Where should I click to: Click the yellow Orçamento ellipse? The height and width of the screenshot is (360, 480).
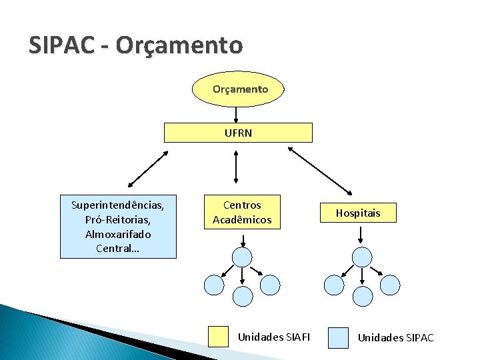click(x=239, y=89)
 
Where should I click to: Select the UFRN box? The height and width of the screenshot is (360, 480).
click(x=238, y=133)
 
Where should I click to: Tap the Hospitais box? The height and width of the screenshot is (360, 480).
click(x=357, y=213)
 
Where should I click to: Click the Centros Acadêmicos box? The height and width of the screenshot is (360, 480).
click(x=242, y=212)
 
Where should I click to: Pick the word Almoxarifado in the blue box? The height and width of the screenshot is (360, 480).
click(x=118, y=234)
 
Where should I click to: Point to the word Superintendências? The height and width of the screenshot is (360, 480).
click(x=118, y=205)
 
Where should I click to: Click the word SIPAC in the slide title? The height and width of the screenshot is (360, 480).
click(x=63, y=45)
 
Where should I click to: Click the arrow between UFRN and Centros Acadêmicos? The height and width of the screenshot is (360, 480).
click(x=237, y=166)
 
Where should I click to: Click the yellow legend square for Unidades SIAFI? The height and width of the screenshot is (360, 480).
click(x=218, y=337)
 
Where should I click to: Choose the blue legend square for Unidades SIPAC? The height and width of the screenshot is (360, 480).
click(x=339, y=337)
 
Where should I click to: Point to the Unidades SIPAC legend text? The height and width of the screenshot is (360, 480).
click(x=395, y=338)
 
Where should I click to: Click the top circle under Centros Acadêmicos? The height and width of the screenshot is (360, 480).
click(x=243, y=257)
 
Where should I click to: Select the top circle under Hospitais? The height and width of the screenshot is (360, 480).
click(x=361, y=257)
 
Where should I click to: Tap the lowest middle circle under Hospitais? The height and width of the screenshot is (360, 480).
click(x=361, y=297)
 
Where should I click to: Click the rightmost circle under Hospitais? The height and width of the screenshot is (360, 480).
click(x=390, y=285)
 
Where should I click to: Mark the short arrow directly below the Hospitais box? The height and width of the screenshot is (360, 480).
click(x=360, y=234)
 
